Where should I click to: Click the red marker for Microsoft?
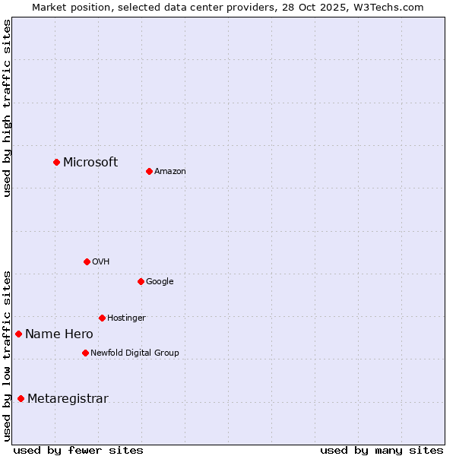click(56, 162)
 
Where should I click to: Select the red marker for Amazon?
click(149, 171)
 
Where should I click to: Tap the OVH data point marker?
click(87, 261)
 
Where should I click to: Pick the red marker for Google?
click(141, 281)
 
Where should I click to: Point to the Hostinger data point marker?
click(102, 318)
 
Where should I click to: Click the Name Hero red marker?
click(18, 334)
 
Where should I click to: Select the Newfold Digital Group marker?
click(85, 353)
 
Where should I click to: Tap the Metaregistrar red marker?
click(21, 399)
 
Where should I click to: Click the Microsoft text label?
click(90, 162)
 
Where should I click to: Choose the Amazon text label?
click(170, 172)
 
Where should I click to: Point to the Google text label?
click(160, 282)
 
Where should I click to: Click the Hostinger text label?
click(126, 318)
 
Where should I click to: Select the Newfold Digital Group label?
click(135, 353)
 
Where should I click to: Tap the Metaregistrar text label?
click(68, 399)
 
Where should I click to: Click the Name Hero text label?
click(59, 334)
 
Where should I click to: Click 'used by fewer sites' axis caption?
click(78, 450)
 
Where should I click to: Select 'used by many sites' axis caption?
click(382, 450)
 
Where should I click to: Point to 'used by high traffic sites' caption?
click(7, 108)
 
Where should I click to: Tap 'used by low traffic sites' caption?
click(7, 356)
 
